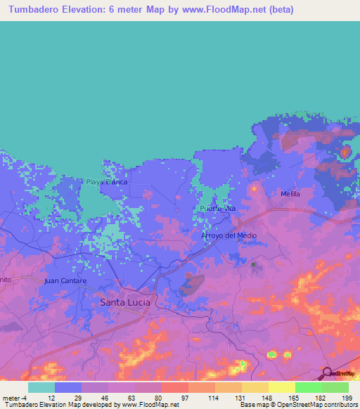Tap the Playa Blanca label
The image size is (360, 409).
coord(107,182)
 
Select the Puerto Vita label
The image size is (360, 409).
coord(217,209)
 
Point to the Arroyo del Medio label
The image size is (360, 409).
coord(229,235)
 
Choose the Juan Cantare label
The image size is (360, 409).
coord(65,281)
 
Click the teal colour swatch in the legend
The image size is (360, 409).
coord(41,387)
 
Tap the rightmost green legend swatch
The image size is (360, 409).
coord(335,387)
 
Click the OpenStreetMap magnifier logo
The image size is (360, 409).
coord(328,373)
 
